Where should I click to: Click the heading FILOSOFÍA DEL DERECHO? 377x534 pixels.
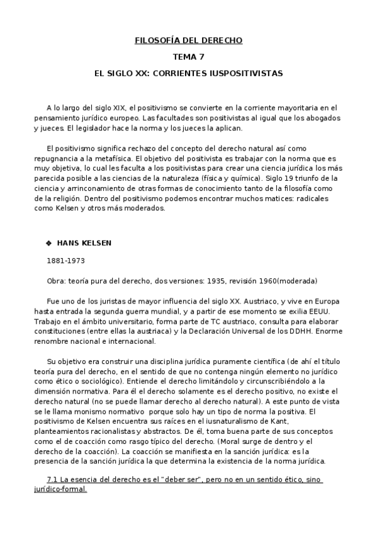tap(188, 41)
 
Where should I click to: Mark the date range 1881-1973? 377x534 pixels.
tap(66, 259)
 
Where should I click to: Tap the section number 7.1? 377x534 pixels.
tap(53, 480)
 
